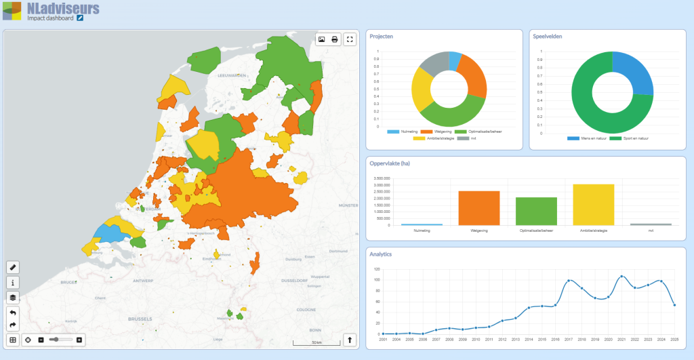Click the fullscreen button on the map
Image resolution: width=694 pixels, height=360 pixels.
click(350, 39)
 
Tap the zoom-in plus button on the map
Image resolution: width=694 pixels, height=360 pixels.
click(79, 340)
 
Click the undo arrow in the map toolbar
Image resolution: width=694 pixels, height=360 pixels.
click(13, 313)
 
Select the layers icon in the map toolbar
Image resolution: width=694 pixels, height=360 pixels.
click(13, 297)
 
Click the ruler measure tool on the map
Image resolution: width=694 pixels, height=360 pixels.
click(13, 267)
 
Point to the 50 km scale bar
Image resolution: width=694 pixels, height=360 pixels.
click(315, 344)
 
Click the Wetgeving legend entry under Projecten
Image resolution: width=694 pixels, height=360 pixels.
click(434, 132)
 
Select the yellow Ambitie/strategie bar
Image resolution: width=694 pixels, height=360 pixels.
click(594, 205)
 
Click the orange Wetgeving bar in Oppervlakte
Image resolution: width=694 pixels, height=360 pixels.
click(479, 208)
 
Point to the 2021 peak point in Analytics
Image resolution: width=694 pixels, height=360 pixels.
click(621, 277)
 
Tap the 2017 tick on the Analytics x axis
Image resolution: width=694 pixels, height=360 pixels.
click(569, 339)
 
